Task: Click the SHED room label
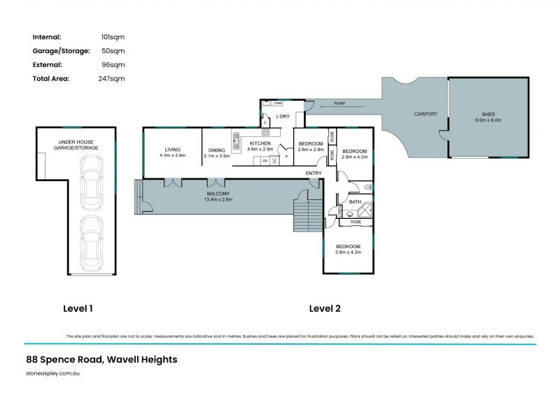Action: coord(488,114)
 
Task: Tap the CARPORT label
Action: coord(426,113)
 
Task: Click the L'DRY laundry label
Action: coord(283,116)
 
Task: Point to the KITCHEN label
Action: coord(260,143)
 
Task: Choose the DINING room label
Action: coord(216,150)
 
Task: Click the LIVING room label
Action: coord(172,150)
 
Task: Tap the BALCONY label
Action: coord(217,194)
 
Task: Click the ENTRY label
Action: coord(314,173)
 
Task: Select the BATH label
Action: coord(355,202)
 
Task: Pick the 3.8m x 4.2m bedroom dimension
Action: coord(348,252)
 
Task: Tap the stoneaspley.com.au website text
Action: coord(51,375)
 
